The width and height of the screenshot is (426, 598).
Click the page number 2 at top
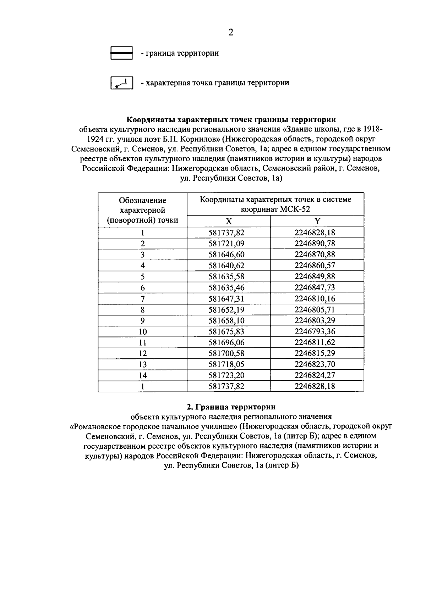(231, 33)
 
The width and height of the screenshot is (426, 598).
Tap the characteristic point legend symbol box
(121, 83)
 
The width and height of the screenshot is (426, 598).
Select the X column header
(229, 221)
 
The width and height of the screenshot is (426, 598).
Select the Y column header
(317, 221)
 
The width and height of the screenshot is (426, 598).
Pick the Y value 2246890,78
(315, 244)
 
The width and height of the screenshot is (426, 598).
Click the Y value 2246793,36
(315, 331)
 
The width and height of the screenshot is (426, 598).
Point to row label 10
(143, 332)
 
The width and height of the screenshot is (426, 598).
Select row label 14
(143, 375)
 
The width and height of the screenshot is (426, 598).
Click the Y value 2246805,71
(315, 309)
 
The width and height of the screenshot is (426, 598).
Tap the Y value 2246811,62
(315, 342)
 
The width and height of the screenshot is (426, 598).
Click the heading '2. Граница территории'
(231, 407)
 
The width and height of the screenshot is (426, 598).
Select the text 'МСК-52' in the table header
(295, 209)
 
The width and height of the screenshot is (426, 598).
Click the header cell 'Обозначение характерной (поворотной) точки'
(143, 210)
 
